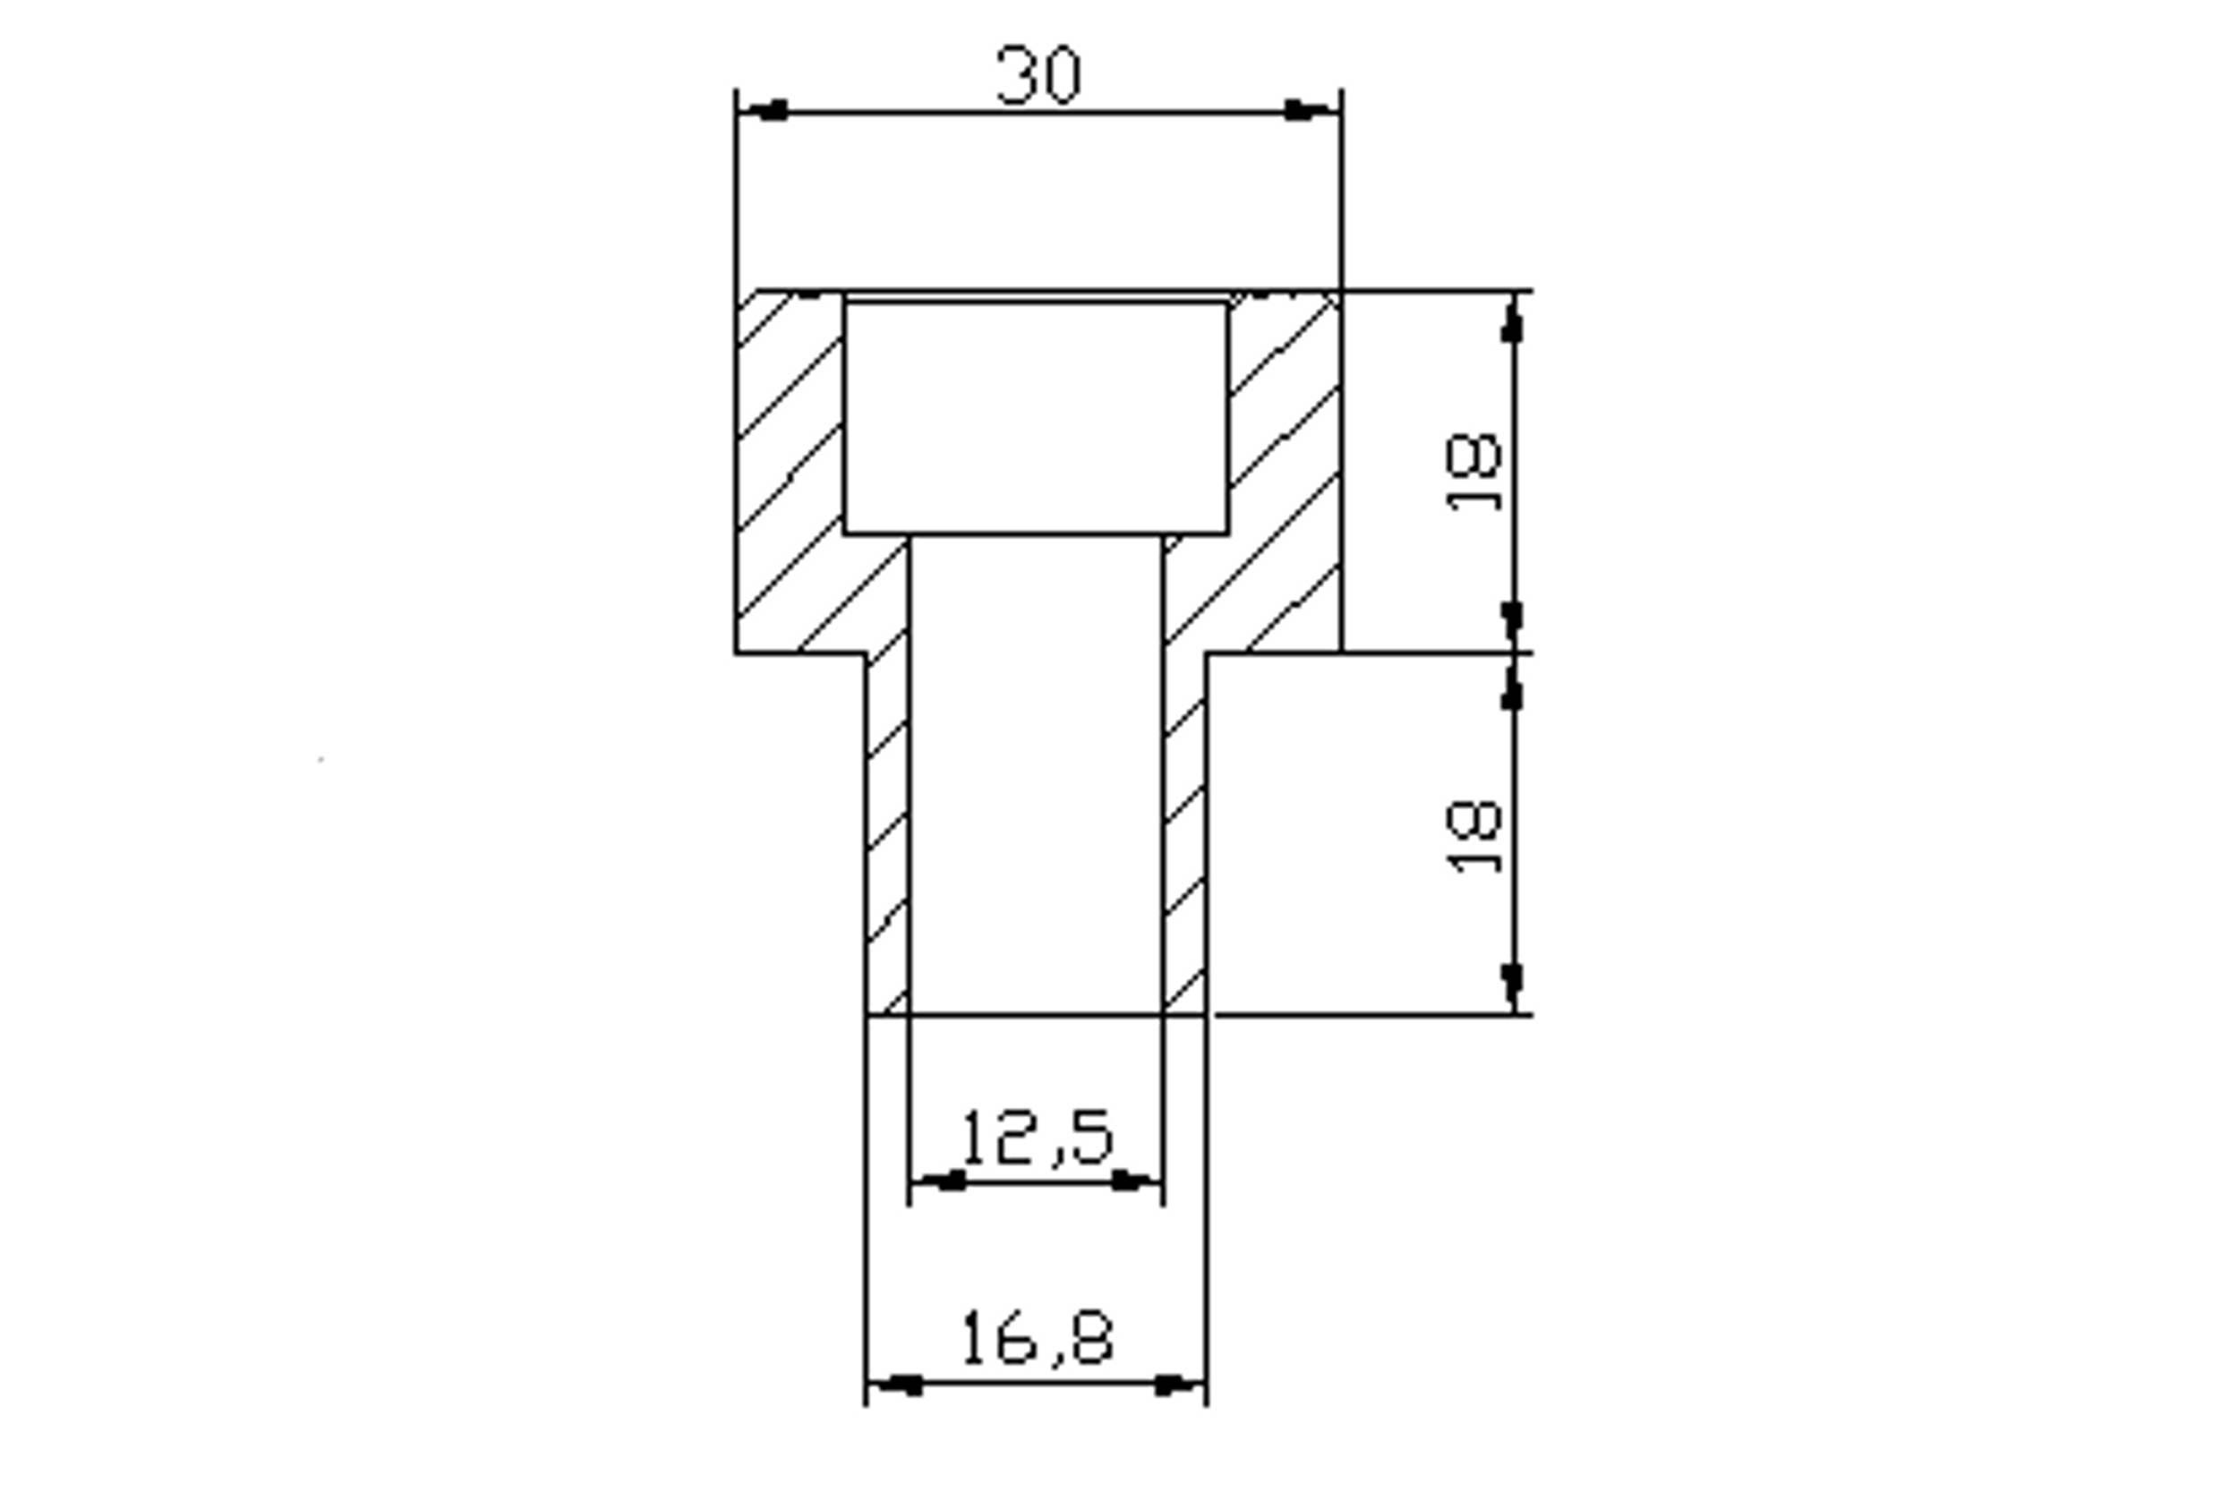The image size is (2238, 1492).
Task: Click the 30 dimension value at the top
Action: click(1038, 75)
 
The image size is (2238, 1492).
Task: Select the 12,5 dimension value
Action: click(1037, 1136)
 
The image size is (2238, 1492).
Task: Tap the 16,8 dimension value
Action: click(1037, 1337)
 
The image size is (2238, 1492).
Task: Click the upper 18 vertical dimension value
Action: click(1473, 473)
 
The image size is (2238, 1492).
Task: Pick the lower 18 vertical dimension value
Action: click(1473, 838)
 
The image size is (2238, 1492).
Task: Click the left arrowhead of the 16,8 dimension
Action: click(895, 1385)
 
